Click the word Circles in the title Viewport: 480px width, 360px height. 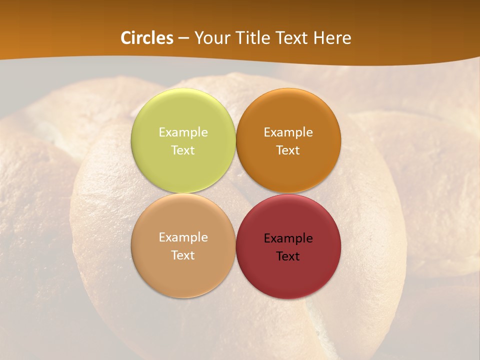146,38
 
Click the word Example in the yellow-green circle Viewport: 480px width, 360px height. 183,132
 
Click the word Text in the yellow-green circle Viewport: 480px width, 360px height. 183,150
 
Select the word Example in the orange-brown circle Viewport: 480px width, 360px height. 288,132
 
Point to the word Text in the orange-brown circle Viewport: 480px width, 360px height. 288,150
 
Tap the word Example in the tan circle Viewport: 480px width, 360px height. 183,237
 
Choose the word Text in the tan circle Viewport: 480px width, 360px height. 183,255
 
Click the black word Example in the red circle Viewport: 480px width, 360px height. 288,238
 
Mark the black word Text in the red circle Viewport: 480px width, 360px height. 288,256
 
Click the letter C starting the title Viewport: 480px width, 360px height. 125,38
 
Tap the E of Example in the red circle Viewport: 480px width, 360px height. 267,238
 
